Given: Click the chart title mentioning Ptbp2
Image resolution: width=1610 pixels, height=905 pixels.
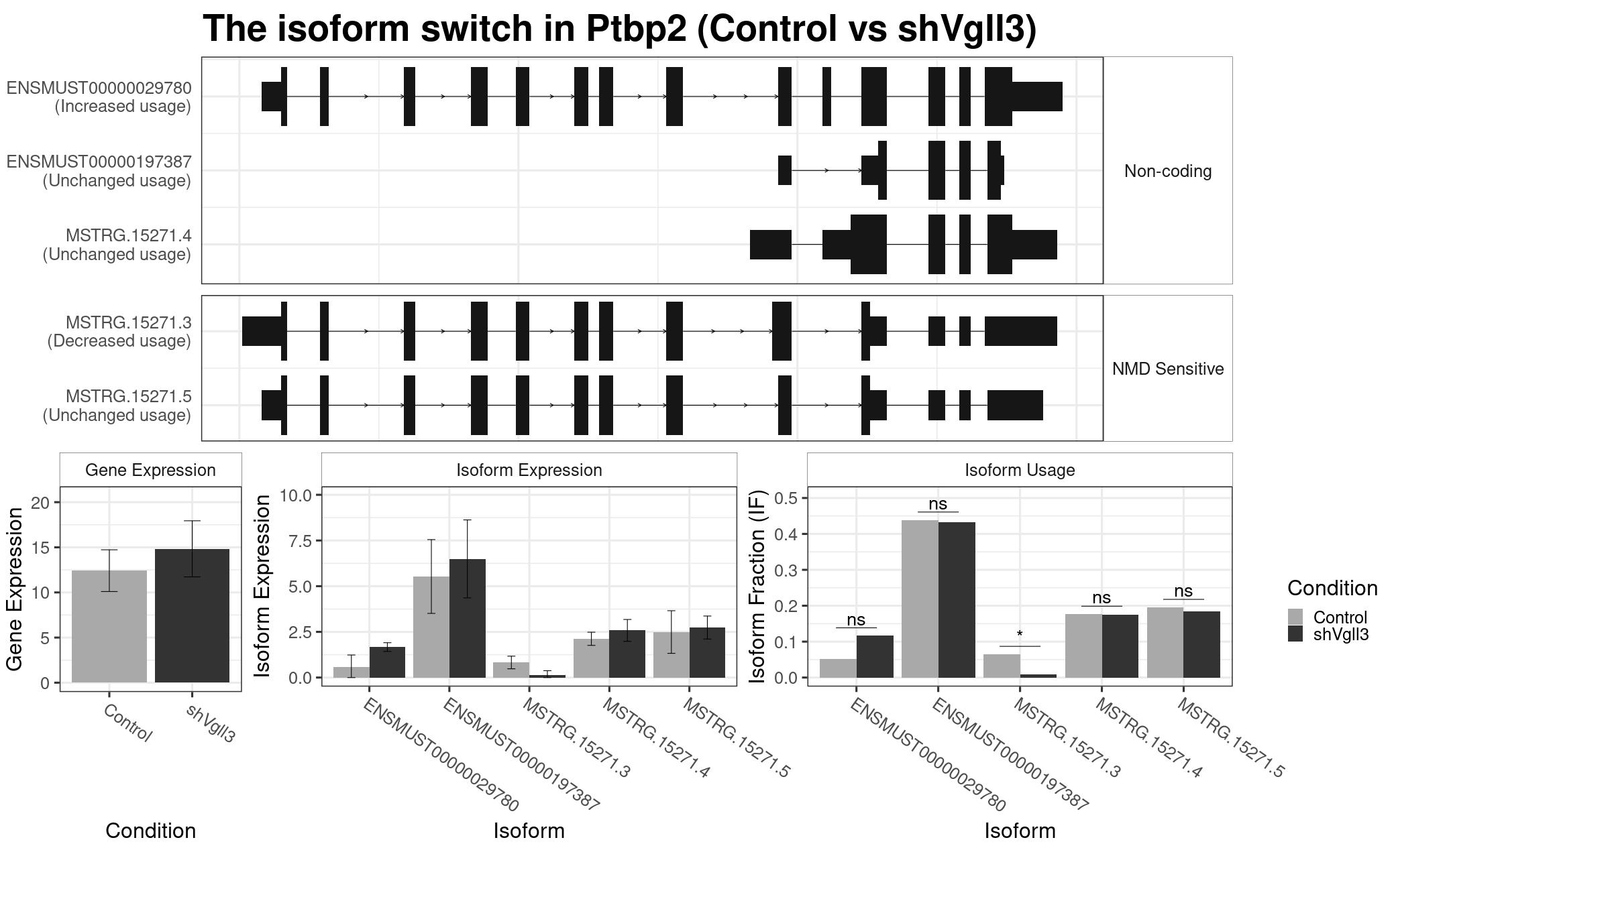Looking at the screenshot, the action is [x=619, y=29].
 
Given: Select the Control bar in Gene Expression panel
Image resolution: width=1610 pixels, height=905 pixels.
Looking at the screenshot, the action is [x=109, y=626].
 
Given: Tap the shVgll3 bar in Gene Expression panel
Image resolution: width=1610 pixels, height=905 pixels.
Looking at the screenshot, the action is [x=193, y=615].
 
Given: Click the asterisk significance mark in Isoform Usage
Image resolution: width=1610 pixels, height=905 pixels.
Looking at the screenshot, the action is [x=1020, y=634].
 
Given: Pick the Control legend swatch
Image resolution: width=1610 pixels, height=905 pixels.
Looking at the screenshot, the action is [x=1295, y=617].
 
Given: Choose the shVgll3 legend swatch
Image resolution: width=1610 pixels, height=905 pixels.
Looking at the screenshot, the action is [x=1295, y=633].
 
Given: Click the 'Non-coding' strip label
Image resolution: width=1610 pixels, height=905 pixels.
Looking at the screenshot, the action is [x=1168, y=171].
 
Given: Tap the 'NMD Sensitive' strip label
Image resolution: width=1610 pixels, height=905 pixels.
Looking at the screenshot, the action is [x=1168, y=369].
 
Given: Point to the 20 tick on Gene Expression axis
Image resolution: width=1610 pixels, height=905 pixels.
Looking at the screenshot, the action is [x=40, y=503].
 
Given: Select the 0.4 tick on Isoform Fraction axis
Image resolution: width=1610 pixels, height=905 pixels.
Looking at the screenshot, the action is [x=786, y=534].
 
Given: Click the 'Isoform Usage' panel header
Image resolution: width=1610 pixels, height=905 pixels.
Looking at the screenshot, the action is [x=1020, y=470].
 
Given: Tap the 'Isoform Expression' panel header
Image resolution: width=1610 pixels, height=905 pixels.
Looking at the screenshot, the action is [x=529, y=470].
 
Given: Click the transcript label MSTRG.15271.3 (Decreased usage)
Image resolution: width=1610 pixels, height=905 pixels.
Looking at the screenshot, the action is [x=119, y=332].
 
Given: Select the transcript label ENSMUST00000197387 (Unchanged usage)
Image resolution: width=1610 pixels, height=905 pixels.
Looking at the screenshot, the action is [x=99, y=171].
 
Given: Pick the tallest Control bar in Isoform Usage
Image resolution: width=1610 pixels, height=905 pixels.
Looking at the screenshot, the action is [x=920, y=599].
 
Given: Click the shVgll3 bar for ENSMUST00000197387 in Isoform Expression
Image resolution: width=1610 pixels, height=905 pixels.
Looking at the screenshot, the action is [x=468, y=618].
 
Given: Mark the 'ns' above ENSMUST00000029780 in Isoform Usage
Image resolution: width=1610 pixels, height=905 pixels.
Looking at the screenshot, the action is [x=856, y=619].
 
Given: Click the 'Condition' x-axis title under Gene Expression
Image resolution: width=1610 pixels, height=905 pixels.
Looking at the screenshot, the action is [x=151, y=831].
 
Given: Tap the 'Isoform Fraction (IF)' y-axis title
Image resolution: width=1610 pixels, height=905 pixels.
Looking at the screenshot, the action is [x=757, y=587].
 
